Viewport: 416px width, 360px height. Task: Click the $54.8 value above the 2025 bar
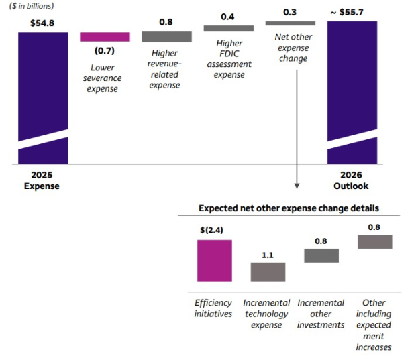click(42, 22)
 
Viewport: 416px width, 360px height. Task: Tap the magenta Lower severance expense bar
click(105, 37)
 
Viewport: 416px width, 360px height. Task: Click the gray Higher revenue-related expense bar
click(167, 36)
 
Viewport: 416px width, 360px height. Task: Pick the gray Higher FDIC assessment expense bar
click(229, 28)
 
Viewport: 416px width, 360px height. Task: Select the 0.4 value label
click(229, 16)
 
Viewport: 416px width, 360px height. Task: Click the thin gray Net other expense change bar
click(291, 23)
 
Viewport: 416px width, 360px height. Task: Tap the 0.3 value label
click(291, 12)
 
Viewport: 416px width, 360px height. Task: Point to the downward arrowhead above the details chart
click(296, 185)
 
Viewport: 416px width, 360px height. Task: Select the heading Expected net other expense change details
click(289, 208)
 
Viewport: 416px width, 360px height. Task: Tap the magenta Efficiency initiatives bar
click(215, 260)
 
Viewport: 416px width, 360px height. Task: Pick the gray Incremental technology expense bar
click(268, 272)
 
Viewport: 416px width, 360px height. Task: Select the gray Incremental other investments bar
click(321, 255)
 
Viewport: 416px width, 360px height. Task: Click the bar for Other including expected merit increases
click(374, 241)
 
